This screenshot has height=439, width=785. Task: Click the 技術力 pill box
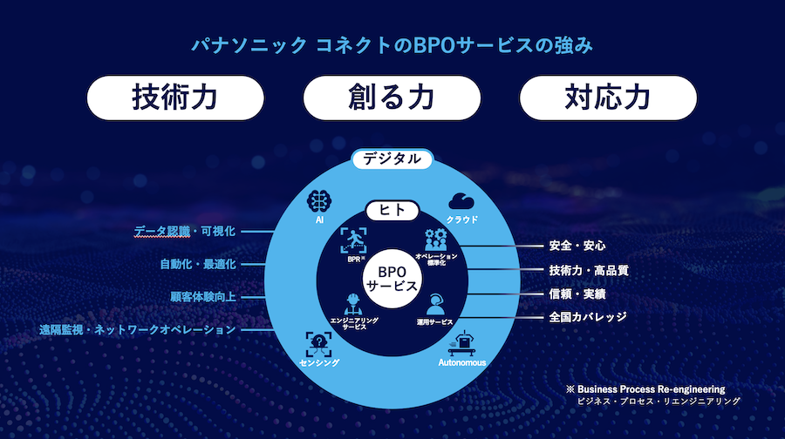[x=174, y=98]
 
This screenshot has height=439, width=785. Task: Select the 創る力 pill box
[x=391, y=98]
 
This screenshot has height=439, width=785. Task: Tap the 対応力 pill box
[x=608, y=98]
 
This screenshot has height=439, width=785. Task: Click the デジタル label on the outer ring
[x=392, y=159]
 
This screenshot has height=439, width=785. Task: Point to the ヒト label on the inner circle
[x=392, y=210]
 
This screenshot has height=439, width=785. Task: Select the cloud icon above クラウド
[x=461, y=201]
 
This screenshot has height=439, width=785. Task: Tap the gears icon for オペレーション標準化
[x=436, y=240]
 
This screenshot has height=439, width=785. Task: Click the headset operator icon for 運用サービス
[x=435, y=306]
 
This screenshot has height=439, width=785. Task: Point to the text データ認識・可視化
[x=184, y=232]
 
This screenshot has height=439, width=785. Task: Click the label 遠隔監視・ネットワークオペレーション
[x=137, y=330]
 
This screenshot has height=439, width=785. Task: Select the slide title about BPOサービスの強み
[x=392, y=44]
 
